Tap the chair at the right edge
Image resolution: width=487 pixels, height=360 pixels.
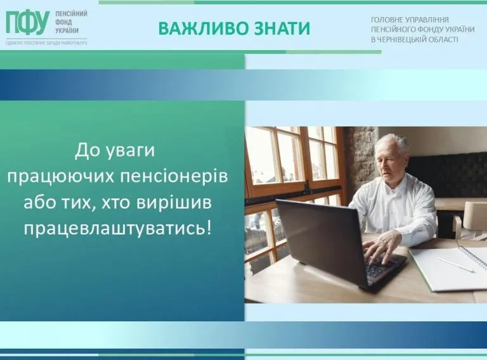(x=472, y=219)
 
